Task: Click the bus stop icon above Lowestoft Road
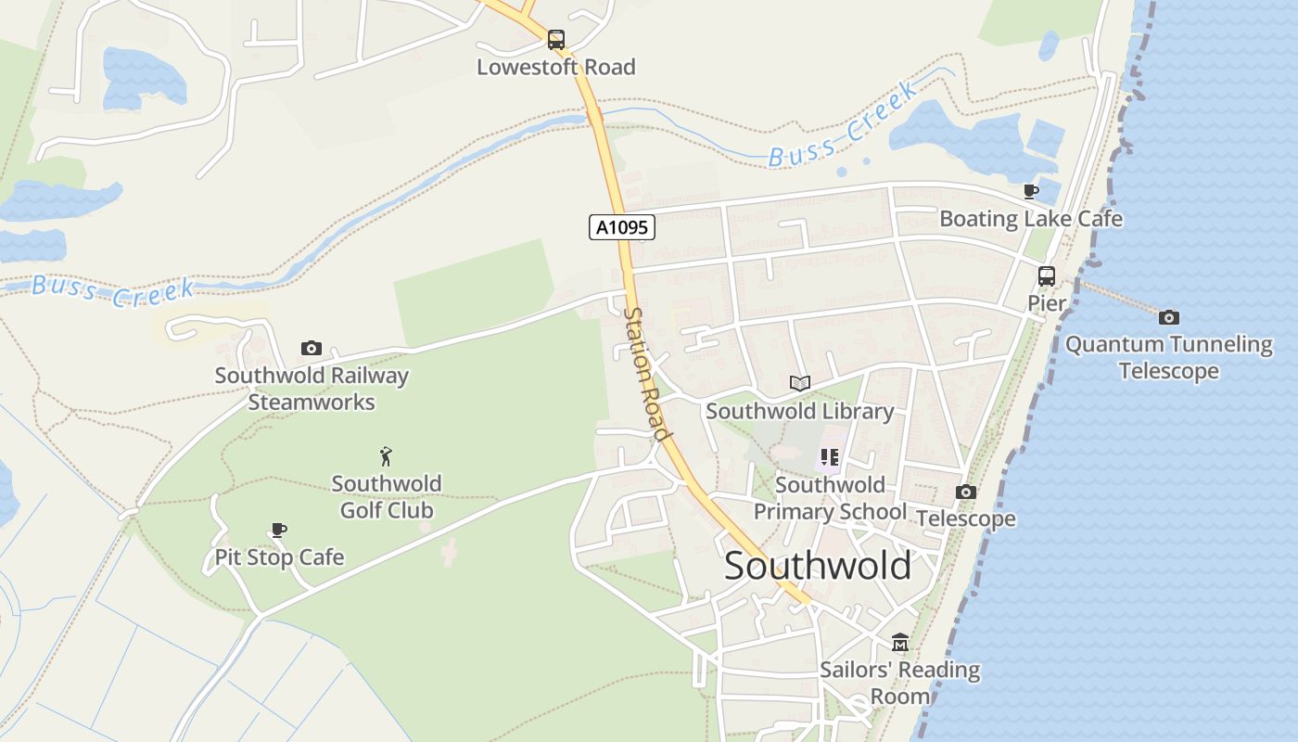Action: click(555, 40)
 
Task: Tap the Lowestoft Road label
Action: click(555, 67)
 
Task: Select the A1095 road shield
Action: click(622, 227)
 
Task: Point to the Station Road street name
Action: click(646, 374)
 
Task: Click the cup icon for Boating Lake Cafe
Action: click(1030, 192)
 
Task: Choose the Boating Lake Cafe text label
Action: click(1030, 219)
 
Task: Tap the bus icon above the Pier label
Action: click(1046, 276)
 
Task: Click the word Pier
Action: click(1046, 303)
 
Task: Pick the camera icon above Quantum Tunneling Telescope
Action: click(1168, 318)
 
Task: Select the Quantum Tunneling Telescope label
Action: click(1168, 358)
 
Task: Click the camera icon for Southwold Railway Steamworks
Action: click(312, 349)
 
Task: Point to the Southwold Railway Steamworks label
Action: click(312, 389)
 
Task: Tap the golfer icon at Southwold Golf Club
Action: click(387, 456)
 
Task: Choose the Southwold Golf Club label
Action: click(387, 496)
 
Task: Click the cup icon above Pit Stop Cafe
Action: click(278, 531)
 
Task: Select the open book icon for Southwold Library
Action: click(799, 383)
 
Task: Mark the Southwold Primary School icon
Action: click(829, 457)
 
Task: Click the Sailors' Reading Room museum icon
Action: click(899, 642)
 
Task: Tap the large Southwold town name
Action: click(817, 566)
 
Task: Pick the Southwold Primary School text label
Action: click(830, 498)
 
